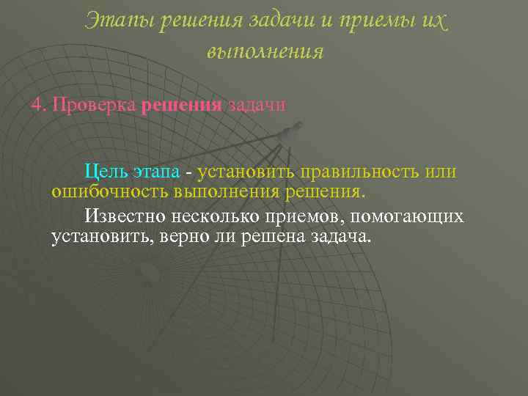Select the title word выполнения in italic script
tap(265, 52)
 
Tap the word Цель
tap(106, 172)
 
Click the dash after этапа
tap(189, 173)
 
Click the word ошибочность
tap(109, 192)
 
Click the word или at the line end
tap(441, 172)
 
